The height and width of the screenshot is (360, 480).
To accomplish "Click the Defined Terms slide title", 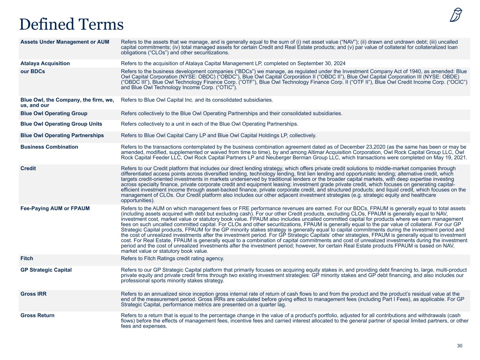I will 71,24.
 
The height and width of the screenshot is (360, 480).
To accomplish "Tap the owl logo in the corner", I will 456,15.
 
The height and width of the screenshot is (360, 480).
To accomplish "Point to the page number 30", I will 460,346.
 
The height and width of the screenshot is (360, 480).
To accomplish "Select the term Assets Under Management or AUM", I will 65,42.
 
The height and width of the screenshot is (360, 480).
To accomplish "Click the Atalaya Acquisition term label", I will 45,63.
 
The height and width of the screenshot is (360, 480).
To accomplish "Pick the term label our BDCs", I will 33,71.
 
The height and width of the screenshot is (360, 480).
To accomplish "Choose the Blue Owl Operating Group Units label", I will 61,124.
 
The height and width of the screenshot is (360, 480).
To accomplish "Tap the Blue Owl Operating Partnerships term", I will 62,135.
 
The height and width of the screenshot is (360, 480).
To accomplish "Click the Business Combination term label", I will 49,147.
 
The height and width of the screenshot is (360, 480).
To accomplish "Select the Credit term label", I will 28,168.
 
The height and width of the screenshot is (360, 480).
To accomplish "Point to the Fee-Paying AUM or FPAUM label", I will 55,208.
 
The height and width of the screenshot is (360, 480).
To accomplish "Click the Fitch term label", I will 27,258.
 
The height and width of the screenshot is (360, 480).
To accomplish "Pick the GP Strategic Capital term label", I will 46,270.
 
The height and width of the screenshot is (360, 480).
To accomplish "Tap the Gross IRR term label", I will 33,294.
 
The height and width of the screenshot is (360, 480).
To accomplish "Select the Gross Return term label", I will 37,315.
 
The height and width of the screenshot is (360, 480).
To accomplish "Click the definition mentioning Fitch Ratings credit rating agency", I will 172,258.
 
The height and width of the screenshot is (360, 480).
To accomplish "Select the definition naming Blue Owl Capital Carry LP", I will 218,135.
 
